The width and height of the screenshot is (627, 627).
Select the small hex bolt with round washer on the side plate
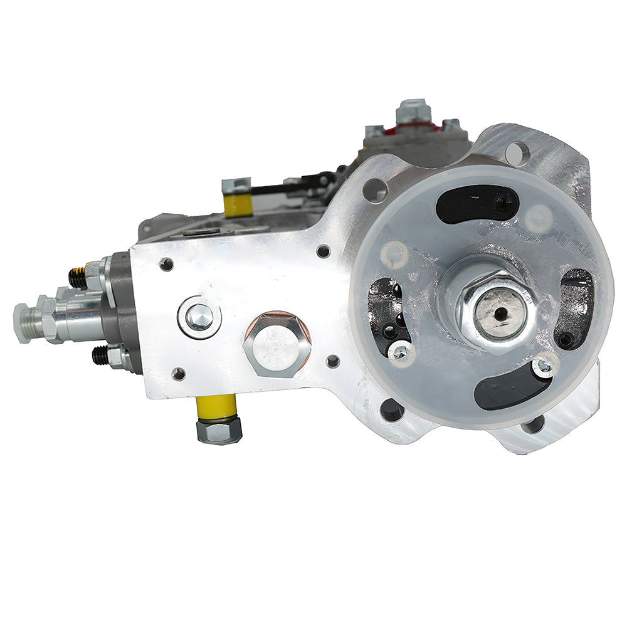tap(199, 317)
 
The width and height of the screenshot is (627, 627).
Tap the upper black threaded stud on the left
tap(78, 278)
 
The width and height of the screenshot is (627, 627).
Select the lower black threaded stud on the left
tap(100, 356)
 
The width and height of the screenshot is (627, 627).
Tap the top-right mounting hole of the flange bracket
tap(517, 152)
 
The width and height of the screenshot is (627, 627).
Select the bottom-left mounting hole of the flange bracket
tap(392, 410)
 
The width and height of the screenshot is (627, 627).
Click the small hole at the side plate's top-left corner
tap(166, 264)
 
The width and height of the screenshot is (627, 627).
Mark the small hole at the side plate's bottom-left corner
tap(178, 374)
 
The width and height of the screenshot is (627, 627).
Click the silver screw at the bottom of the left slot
tap(397, 352)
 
